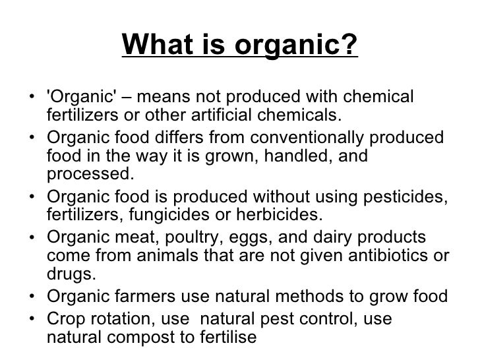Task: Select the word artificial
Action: click(x=226, y=117)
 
